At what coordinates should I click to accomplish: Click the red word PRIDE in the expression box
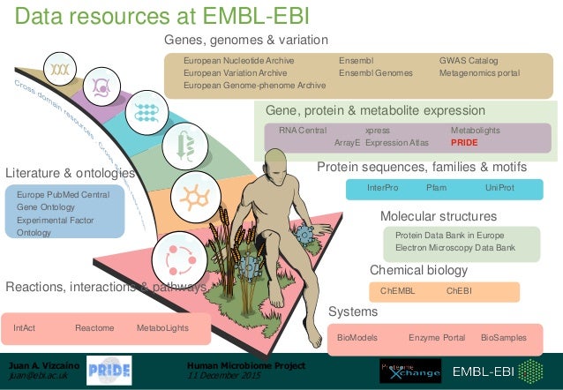pyautogui.click(x=464, y=142)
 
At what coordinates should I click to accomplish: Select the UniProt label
pyautogui.click(x=499, y=188)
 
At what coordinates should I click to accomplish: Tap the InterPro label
pyautogui.click(x=383, y=188)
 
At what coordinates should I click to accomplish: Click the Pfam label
pyautogui.click(x=436, y=188)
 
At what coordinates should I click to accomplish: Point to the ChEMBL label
pyautogui.click(x=396, y=290)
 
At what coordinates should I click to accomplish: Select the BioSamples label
pyautogui.click(x=503, y=338)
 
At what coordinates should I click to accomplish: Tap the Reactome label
pyautogui.click(x=94, y=328)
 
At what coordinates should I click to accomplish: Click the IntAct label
pyautogui.click(x=25, y=328)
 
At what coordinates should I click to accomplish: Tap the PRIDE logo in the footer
pyautogui.click(x=109, y=370)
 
